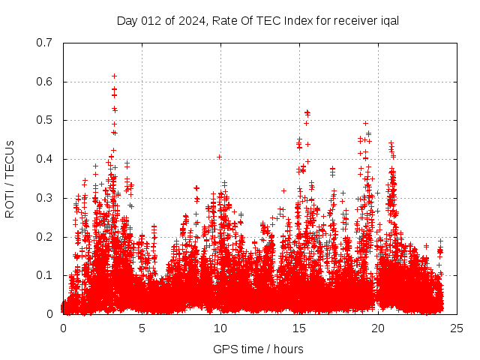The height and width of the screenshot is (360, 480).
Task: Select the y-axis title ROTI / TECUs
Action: (10, 178)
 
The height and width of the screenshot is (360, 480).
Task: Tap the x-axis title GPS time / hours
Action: (258, 349)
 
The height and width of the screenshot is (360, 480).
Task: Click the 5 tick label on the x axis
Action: (142, 328)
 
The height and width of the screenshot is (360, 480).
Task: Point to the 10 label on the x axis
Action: (220, 328)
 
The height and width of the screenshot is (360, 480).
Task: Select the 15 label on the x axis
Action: (299, 328)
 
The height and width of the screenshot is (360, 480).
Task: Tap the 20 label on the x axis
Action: (378, 328)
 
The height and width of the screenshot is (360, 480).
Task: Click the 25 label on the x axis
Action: (457, 328)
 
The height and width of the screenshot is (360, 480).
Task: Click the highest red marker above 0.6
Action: (114, 76)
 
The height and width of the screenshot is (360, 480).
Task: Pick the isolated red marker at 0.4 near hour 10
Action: (219, 157)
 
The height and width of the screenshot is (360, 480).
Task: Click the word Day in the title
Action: (127, 20)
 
